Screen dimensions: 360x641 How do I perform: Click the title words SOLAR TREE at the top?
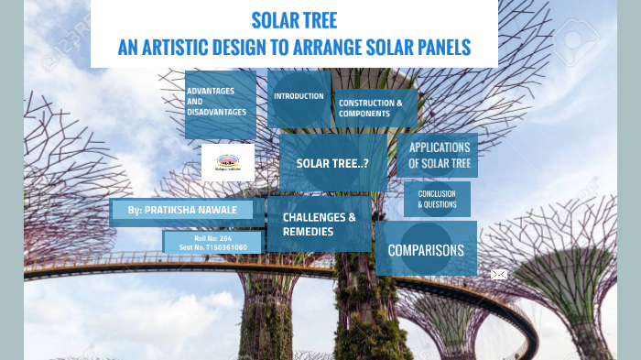pyautogui.click(x=294, y=20)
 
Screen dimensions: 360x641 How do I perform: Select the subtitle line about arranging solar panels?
pyautogui.click(x=294, y=47)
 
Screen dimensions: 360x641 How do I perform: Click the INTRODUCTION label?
pyautogui.click(x=299, y=96)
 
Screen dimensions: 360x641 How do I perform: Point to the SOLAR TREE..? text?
pyautogui.click(x=331, y=163)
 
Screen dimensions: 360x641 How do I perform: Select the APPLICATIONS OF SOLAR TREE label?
pyautogui.click(x=439, y=155)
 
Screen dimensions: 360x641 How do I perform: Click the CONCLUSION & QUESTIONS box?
pyautogui.click(x=437, y=199)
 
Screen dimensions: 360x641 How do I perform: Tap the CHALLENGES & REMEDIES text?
pyautogui.click(x=319, y=224)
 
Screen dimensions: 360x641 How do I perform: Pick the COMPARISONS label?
pyautogui.click(x=426, y=250)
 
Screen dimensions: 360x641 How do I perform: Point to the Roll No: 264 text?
pyautogui.click(x=212, y=238)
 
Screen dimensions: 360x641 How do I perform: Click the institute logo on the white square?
pyautogui.click(x=228, y=161)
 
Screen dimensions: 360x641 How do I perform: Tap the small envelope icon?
pyautogui.click(x=499, y=274)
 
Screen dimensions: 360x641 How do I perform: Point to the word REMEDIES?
pyautogui.click(x=309, y=232)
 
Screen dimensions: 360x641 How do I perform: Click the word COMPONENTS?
pyautogui.click(x=358, y=114)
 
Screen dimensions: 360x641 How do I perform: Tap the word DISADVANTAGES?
pyautogui.click(x=216, y=112)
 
